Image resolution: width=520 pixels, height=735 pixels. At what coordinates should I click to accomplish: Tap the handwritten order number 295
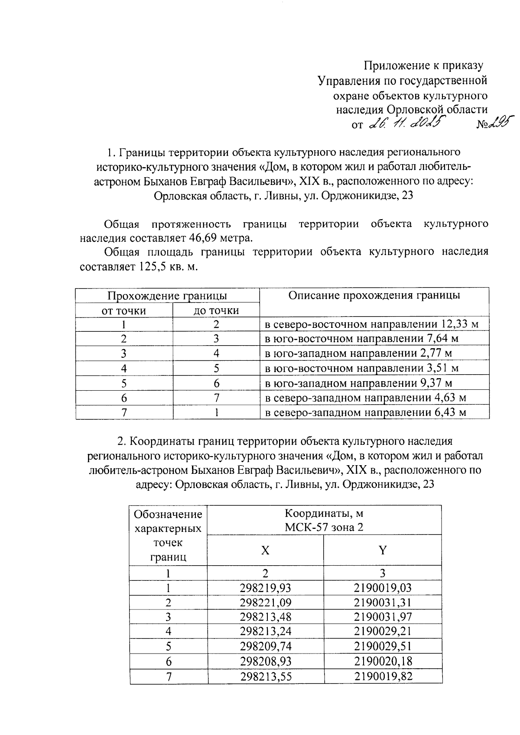coord(498,123)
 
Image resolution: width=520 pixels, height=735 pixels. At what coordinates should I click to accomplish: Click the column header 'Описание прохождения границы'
coord(374,295)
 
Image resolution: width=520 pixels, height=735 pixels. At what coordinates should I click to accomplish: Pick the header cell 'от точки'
coord(123,311)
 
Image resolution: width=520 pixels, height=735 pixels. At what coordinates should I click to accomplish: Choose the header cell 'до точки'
coord(216,311)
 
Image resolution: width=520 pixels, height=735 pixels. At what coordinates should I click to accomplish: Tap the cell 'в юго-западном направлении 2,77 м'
coord(358,353)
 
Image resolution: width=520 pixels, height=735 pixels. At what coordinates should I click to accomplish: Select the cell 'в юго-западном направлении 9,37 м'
coord(358,383)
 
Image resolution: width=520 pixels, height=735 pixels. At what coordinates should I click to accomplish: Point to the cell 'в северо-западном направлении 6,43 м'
coord(365,412)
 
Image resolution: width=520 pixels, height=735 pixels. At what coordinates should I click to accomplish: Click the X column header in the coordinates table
coord(265,550)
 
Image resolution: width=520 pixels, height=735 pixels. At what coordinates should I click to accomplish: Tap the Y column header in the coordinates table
coord(382,550)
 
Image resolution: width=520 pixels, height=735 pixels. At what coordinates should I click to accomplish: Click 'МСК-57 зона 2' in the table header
coord(324,527)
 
